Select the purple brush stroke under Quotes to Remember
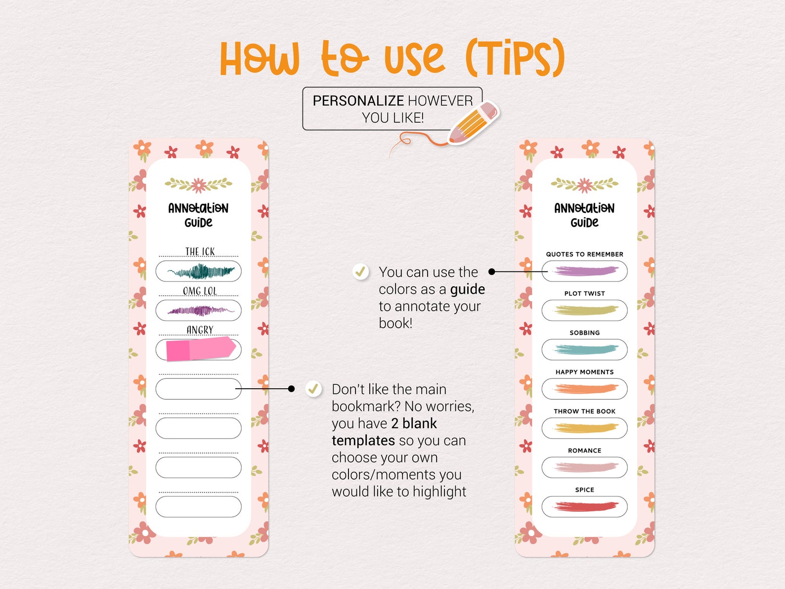pyautogui.click(x=585, y=271)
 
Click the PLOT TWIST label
pyautogui.click(x=584, y=293)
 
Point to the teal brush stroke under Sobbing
pyautogui.click(x=584, y=350)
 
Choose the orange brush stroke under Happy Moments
pyautogui.click(x=585, y=389)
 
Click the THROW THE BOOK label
pyautogui.click(x=584, y=411)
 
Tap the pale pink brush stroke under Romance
pyautogui.click(x=585, y=467)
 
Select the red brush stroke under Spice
pyautogui.click(x=585, y=506)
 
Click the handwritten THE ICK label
pyautogui.click(x=200, y=252)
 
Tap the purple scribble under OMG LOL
pyautogui.click(x=200, y=311)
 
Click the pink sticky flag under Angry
pyautogui.click(x=200, y=349)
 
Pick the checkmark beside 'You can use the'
pyautogui.click(x=360, y=272)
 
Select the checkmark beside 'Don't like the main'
pyautogui.click(x=313, y=389)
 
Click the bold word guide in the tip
pyautogui.click(x=467, y=289)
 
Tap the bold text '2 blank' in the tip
pyautogui.click(x=414, y=424)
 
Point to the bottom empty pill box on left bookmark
pyautogui.click(x=198, y=506)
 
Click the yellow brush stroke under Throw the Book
pyautogui.click(x=585, y=428)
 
